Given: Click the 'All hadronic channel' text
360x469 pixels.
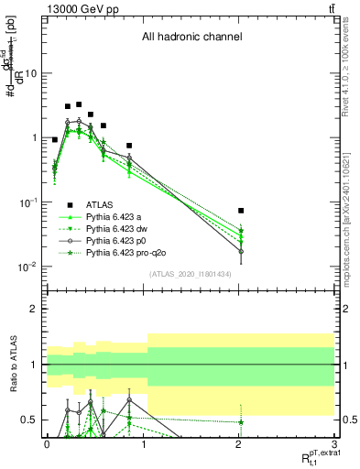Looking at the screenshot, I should pos(191,38).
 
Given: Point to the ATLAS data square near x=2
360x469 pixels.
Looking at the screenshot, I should pos(241,211).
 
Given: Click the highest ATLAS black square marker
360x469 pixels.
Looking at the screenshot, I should pos(79,104).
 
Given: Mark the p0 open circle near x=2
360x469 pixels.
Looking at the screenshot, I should pos(241,251).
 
